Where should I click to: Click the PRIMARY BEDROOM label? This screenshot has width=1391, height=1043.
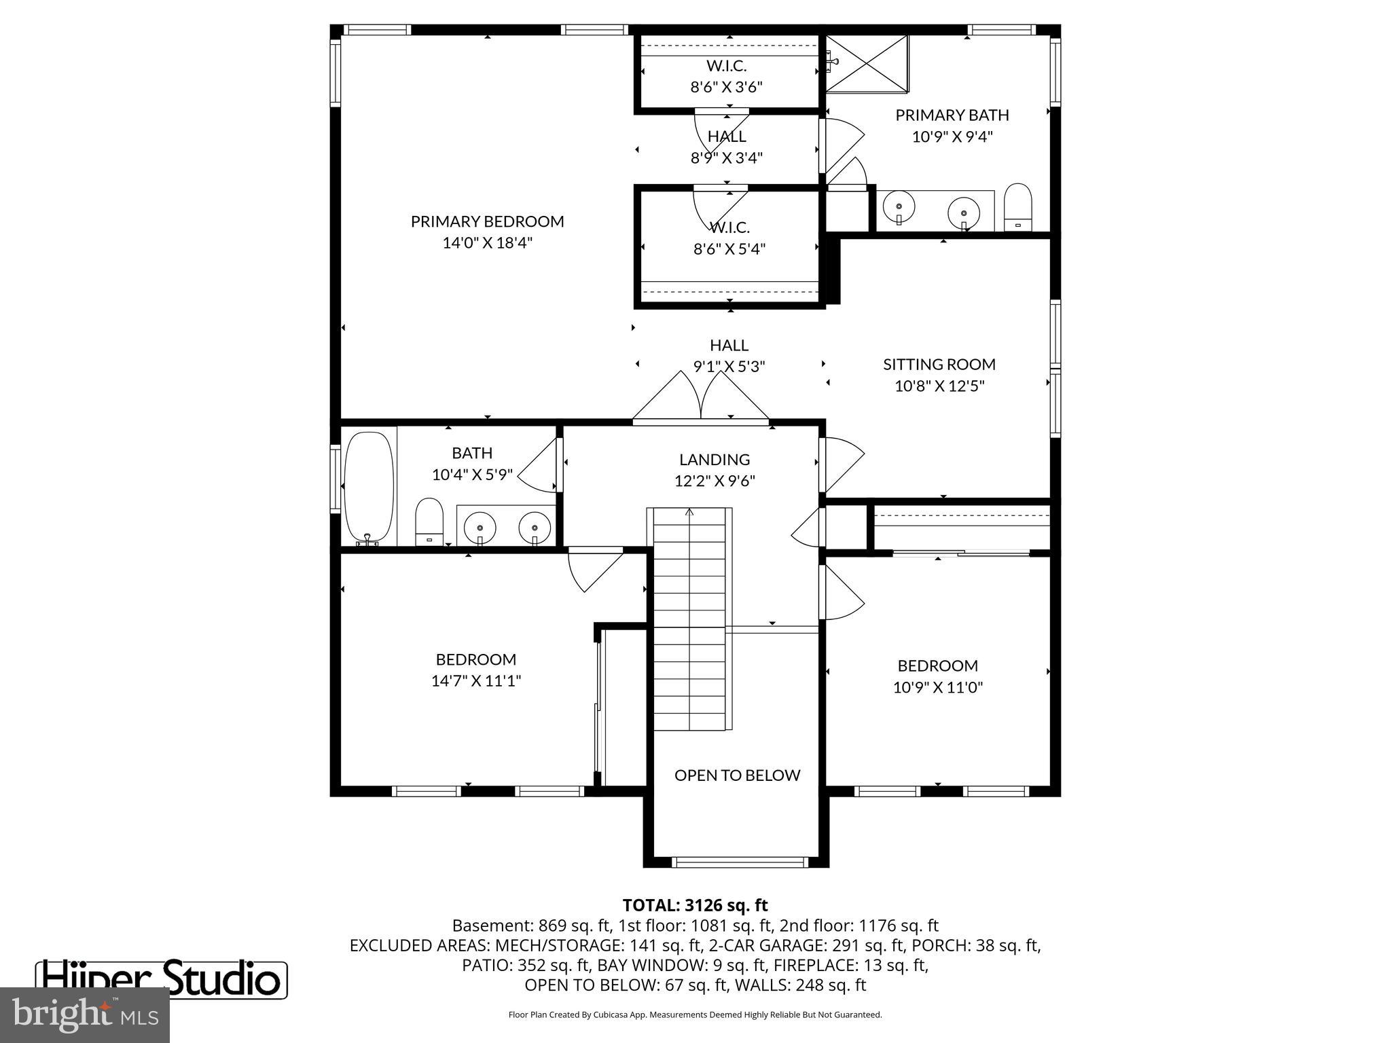pyautogui.click(x=487, y=221)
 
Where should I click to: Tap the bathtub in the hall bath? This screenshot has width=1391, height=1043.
pyautogui.click(x=369, y=487)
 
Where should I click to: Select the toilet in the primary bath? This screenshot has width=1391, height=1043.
pyautogui.click(x=1017, y=206)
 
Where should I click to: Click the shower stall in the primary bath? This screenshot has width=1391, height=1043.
pyautogui.click(x=867, y=62)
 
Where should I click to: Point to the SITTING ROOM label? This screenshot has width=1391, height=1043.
pyautogui.click(x=939, y=365)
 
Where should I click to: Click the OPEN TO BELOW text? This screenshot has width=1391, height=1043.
pyautogui.click(x=737, y=775)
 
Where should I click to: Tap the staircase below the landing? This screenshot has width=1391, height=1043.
pyautogui.click(x=689, y=618)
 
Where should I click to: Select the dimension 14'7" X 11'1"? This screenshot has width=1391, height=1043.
pyautogui.click(x=475, y=681)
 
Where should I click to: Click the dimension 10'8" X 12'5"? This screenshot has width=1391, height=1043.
pyautogui.click(x=939, y=386)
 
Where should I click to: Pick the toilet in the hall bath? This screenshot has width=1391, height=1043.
pyautogui.click(x=429, y=521)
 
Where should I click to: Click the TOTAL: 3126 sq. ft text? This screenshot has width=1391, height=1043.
pyautogui.click(x=695, y=905)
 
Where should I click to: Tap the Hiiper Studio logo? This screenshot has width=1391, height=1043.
pyautogui.click(x=162, y=979)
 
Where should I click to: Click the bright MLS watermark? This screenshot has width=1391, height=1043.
pyautogui.click(x=85, y=1015)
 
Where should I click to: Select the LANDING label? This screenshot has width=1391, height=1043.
pyautogui.click(x=715, y=460)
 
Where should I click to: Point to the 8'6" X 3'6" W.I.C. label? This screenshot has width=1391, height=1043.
pyautogui.click(x=726, y=87)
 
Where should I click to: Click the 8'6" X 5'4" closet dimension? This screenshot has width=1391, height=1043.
pyautogui.click(x=729, y=249)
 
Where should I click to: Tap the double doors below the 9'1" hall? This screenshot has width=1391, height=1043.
pyautogui.click(x=701, y=401)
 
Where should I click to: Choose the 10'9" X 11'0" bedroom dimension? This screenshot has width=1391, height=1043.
pyautogui.click(x=937, y=688)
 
